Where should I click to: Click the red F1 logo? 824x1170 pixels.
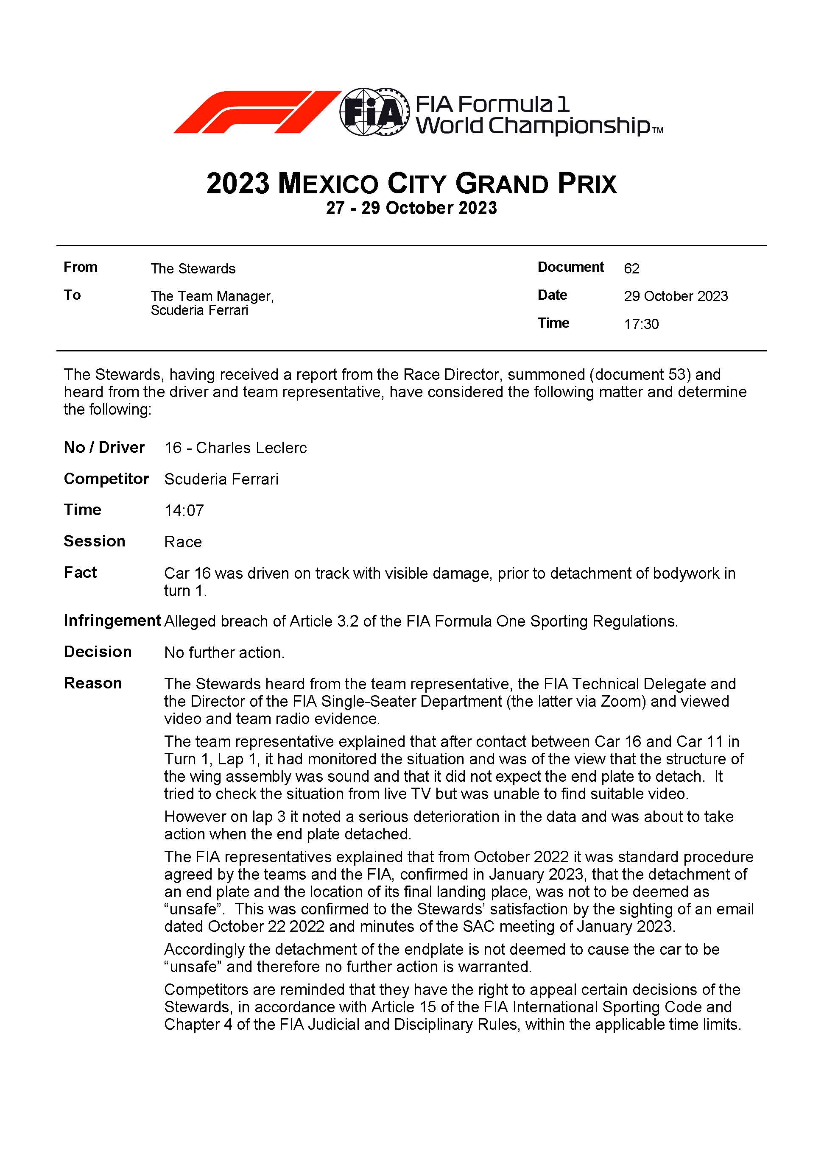click(257, 112)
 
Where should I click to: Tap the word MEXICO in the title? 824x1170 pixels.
click(328, 184)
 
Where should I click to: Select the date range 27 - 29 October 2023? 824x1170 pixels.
click(411, 208)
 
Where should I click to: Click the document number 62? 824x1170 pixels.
click(631, 269)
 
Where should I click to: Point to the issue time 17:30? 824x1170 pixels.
click(641, 324)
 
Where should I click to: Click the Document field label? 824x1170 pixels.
click(570, 267)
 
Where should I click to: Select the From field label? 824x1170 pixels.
click(81, 267)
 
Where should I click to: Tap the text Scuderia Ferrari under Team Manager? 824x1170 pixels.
click(199, 310)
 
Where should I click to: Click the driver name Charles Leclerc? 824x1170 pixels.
click(251, 448)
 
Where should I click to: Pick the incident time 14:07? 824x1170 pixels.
click(184, 510)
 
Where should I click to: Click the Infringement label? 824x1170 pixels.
click(112, 621)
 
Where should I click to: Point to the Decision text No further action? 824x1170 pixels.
click(224, 653)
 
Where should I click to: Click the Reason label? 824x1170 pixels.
click(93, 683)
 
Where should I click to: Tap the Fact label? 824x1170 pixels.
click(80, 573)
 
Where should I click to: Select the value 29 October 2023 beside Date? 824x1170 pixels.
click(676, 297)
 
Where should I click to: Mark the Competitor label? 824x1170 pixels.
click(106, 479)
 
